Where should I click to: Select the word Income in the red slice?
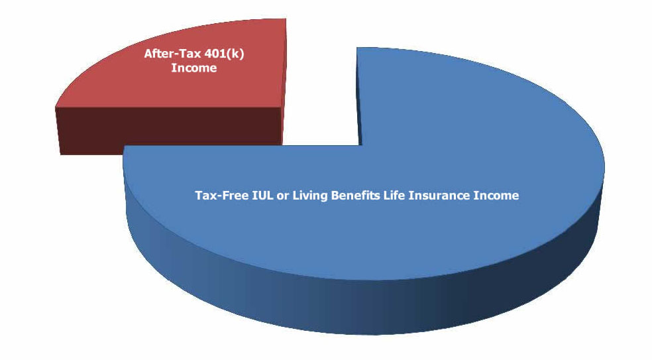193,68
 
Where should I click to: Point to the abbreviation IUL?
263,195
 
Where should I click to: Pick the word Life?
394,195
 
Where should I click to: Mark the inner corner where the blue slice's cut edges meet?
359,145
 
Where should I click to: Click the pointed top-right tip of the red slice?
286,19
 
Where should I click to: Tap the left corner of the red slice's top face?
56,107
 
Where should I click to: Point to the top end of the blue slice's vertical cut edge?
356,48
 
